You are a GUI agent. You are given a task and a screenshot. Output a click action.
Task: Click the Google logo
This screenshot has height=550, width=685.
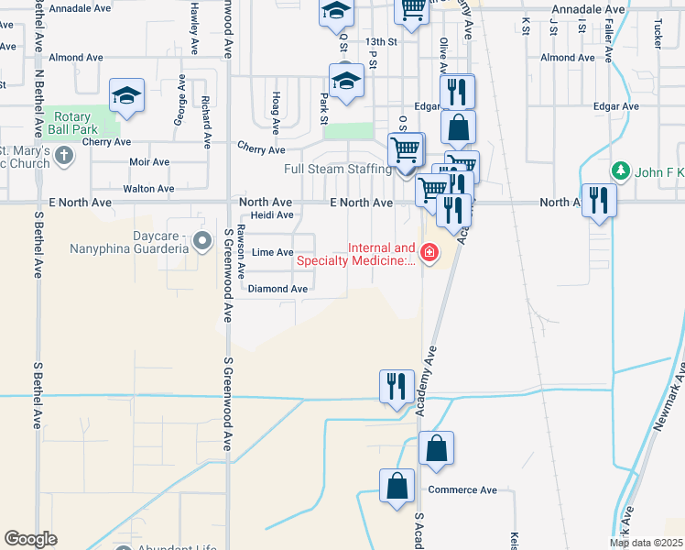tap(30, 539)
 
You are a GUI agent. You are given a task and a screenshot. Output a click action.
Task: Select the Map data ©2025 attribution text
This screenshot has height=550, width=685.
tap(646, 543)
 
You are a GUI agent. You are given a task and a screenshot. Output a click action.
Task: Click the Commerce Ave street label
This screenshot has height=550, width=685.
tap(462, 489)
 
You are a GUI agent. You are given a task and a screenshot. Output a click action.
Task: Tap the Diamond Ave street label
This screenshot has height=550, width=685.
tap(278, 289)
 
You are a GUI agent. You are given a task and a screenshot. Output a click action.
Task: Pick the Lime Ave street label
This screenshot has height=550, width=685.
tap(272, 252)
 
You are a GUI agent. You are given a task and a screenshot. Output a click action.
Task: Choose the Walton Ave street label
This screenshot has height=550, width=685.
tap(148, 189)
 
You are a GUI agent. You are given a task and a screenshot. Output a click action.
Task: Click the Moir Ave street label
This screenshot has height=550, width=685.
tap(149, 162)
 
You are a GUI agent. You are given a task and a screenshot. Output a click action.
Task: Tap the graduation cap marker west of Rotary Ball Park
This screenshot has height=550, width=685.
tap(127, 95)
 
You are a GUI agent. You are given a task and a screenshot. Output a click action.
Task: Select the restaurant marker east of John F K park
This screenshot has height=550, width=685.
tap(599, 200)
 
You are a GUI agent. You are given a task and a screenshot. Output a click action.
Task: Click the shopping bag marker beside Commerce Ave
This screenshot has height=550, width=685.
tap(397, 487)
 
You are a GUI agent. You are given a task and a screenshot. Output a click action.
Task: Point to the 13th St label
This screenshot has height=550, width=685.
tap(380, 42)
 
